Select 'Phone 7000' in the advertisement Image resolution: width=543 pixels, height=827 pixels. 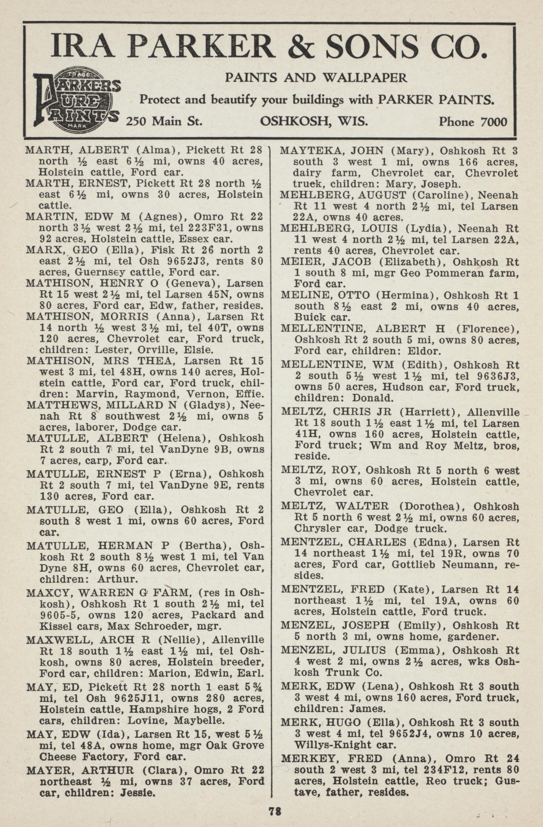[x=472, y=121]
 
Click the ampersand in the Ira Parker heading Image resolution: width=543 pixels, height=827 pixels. [x=303, y=47]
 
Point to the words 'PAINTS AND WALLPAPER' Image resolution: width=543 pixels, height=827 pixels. [x=316, y=77]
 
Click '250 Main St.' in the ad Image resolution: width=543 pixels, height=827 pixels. [x=164, y=120]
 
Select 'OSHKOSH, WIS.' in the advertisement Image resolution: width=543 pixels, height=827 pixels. [x=314, y=120]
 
